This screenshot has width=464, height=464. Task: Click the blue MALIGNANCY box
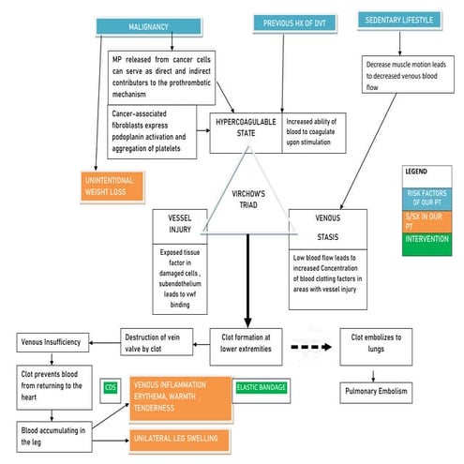[x=148, y=27]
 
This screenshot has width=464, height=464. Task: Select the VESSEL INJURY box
[x=179, y=224]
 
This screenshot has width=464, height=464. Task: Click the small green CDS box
[x=111, y=387]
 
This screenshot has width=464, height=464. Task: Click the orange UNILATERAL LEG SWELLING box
[x=179, y=438]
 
